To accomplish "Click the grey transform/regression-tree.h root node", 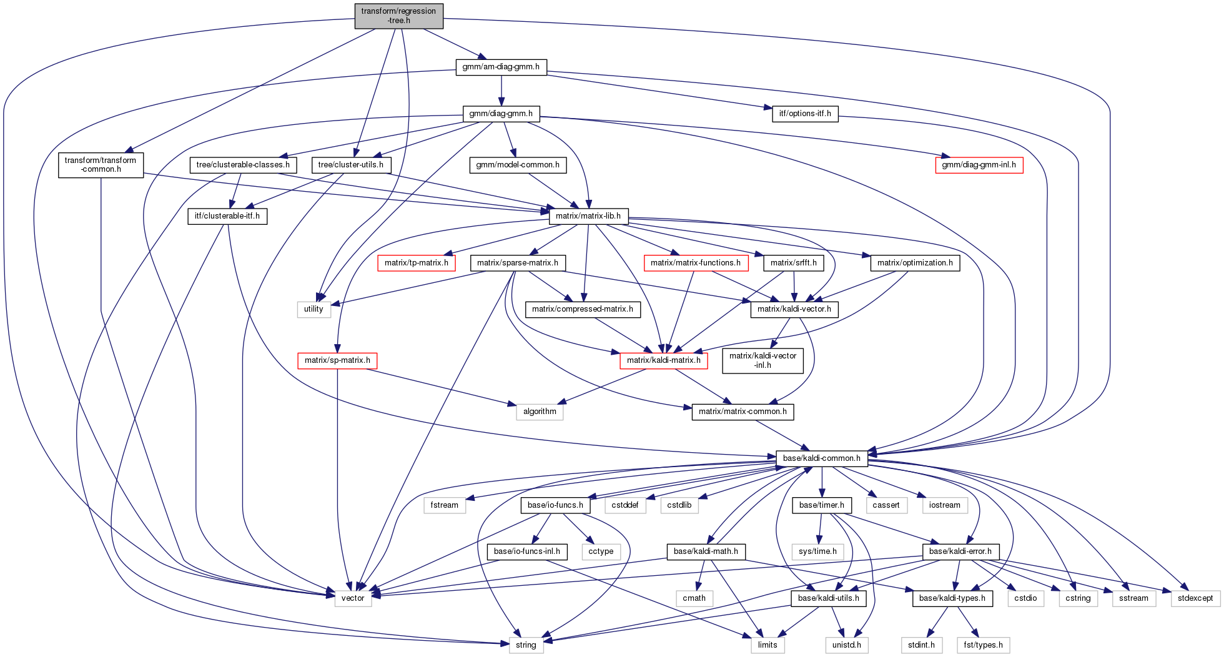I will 398,16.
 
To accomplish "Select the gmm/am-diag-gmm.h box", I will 501,67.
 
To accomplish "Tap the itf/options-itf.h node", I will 805,114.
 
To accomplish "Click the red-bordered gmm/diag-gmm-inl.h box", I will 979,165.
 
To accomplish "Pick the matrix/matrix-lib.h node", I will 588,216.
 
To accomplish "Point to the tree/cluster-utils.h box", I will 351,165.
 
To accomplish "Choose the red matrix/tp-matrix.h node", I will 416,263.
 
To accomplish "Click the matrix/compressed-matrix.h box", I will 583,309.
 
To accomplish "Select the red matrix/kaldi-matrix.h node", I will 663,360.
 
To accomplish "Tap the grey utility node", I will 313,309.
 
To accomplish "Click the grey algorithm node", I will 540,412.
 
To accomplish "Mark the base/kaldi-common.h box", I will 821,458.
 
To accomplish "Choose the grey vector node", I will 353,598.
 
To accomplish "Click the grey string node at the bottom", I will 526,645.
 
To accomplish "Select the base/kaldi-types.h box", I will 952,598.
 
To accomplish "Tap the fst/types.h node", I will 983,645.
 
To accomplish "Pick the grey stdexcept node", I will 1195,598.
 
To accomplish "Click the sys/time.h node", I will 817,551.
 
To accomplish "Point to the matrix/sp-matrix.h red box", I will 337,360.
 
